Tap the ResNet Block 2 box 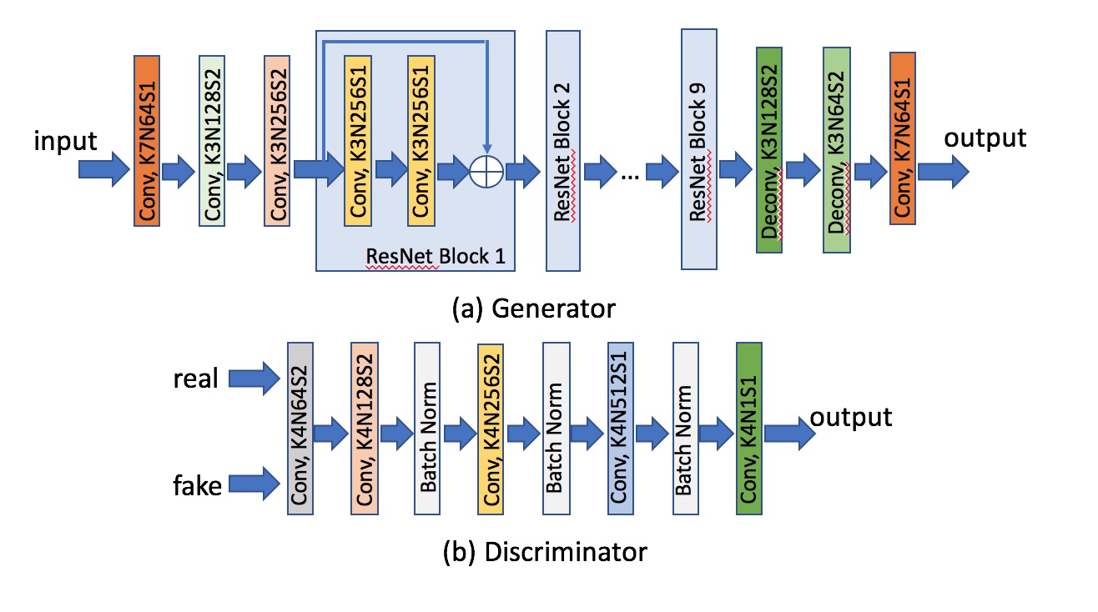563,150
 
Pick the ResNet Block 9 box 699,150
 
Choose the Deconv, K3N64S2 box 837,150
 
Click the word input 65,141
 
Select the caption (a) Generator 532,309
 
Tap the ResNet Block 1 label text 436,255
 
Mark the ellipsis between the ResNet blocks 632,173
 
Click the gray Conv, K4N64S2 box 300,428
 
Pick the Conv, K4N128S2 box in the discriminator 364,428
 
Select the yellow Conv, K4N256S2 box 491,428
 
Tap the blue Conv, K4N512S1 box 621,428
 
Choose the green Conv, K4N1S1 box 749,428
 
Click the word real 195,379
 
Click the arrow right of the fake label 253,482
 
